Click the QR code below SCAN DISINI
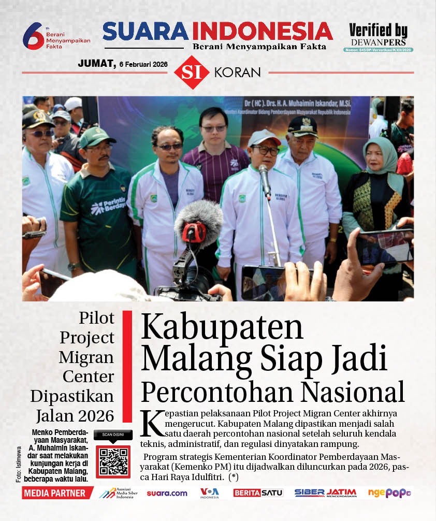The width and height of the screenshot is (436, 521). (x=113, y=460)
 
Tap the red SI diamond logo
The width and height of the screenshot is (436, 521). (x=192, y=72)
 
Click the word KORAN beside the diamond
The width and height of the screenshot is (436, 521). (x=237, y=73)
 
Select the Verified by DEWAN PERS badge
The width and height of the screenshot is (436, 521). (x=378, y=37)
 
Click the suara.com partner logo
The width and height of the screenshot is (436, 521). (x=167, y=493)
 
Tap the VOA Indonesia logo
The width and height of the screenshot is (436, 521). (x=210, y=493)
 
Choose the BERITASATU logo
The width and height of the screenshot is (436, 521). (x=258, y=493)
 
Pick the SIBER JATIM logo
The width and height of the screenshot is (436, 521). (x=325, y=493)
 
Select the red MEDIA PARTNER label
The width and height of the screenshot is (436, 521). (x=55, y=493)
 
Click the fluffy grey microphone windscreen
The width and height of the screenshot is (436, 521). (x=198, y=216)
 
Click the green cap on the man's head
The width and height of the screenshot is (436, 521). (x=96, y=136)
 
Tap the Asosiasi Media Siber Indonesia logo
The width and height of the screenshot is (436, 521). (x=119, y=493)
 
